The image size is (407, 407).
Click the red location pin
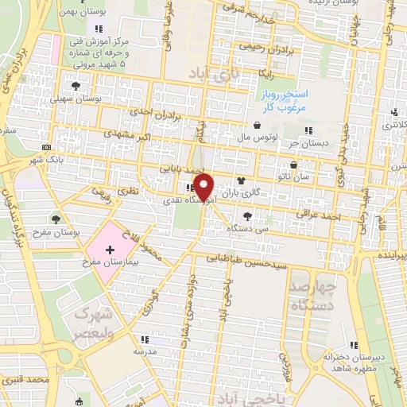[205, 187]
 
